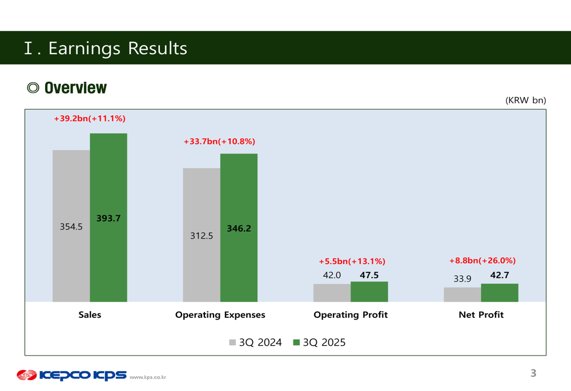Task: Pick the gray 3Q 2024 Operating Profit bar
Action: pos(332,293)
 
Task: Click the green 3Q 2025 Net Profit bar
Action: pos(500,293)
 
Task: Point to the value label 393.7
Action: pos(108,218)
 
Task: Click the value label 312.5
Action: pos(202,235)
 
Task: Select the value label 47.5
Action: pos(369,275)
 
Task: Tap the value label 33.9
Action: pos(463,279)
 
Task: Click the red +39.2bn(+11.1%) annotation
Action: pos(90,119)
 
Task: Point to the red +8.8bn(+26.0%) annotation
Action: pos(482,261)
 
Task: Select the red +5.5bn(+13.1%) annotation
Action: pos(352,261)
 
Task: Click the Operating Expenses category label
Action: pos(220,315)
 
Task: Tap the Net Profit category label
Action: pos(481,315)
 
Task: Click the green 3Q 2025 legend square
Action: pos(296,342)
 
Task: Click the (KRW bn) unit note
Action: pos(525,100)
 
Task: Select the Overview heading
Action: pos(75,88)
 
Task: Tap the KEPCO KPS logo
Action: pos(71,375)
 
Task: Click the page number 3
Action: pos(533,373)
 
